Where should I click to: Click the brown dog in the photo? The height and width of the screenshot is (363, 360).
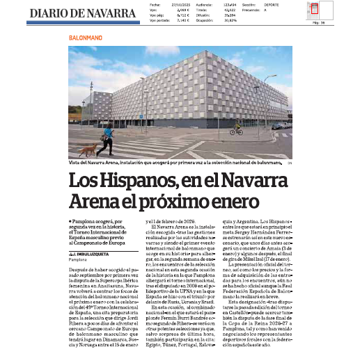(88, 149)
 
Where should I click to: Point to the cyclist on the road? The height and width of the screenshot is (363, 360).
(237, 128)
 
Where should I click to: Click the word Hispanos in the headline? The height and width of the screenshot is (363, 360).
(132, 182)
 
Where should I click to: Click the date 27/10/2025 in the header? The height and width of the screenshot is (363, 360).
(179, 4)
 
